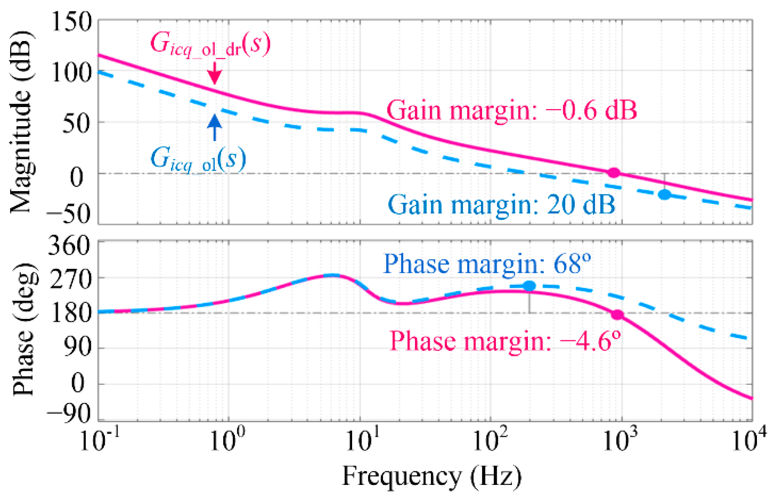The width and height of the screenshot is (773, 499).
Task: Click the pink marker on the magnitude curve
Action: [614, 173]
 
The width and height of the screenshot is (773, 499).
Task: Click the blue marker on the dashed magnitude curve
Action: [664, 195]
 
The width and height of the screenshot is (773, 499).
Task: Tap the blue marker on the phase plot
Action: [529, 286]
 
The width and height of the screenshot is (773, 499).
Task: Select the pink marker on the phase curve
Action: [617, 315]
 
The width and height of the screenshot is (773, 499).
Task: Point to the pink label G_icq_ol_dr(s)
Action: [210, 45]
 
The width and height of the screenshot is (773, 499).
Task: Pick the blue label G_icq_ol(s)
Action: [198, 159]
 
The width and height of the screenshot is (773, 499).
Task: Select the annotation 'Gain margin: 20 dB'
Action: [501, 204]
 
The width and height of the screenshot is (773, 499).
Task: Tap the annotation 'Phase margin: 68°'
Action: [487, 264]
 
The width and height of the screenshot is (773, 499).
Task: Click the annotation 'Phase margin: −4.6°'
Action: [505, 341]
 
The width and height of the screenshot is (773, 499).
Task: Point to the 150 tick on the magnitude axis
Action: [71, 21]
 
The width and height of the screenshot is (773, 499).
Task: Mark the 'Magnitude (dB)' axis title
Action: [21, 122]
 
